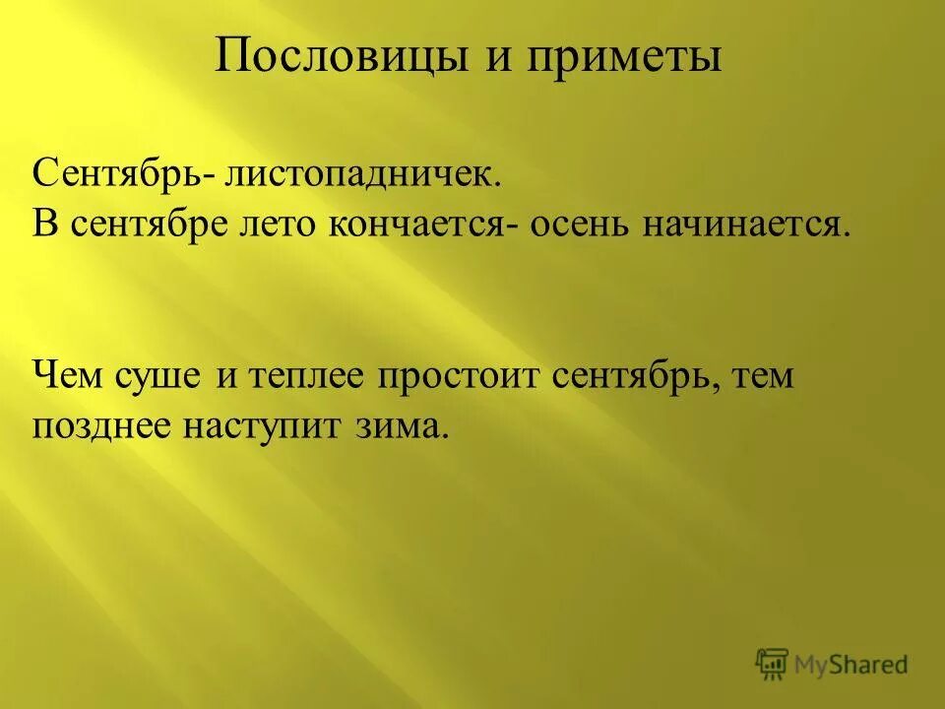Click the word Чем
[67, 376]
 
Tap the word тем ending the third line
[758, 376]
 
